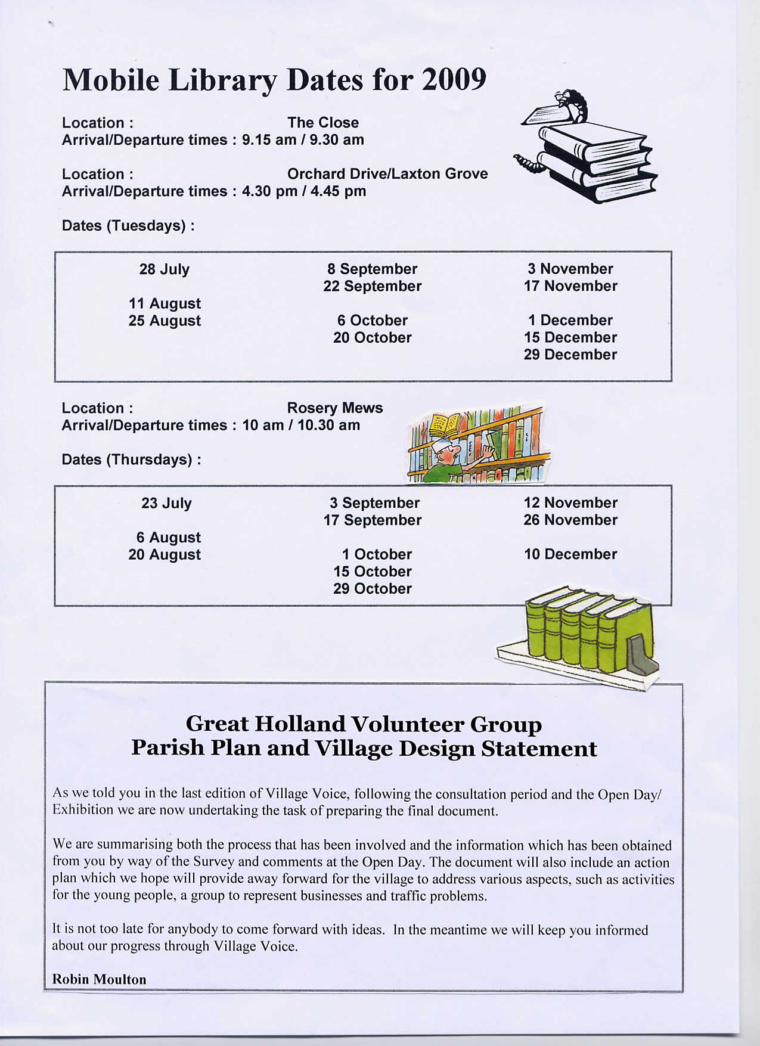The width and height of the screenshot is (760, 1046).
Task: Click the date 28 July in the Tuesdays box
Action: pos(165,269)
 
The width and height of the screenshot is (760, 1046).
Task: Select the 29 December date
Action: pos(570,355)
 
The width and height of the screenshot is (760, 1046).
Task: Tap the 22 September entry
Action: pos(372,287)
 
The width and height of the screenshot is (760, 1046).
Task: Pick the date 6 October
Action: pos(372,321)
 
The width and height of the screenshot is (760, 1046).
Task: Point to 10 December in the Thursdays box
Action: pos(570,554)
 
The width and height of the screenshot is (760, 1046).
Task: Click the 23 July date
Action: pos(166,504)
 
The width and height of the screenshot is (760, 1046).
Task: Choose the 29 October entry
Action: pos(372,589)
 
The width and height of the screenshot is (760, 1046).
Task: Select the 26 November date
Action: pos(570,520)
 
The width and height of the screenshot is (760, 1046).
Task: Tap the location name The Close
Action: pos(322,123)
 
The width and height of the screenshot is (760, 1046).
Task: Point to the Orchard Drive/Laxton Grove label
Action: pos(387,174)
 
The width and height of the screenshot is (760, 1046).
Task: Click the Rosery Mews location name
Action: pos(334,408)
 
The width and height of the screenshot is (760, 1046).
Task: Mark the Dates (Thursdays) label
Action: pos(131,460)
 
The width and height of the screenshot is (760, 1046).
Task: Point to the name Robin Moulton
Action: pos(99,979)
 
